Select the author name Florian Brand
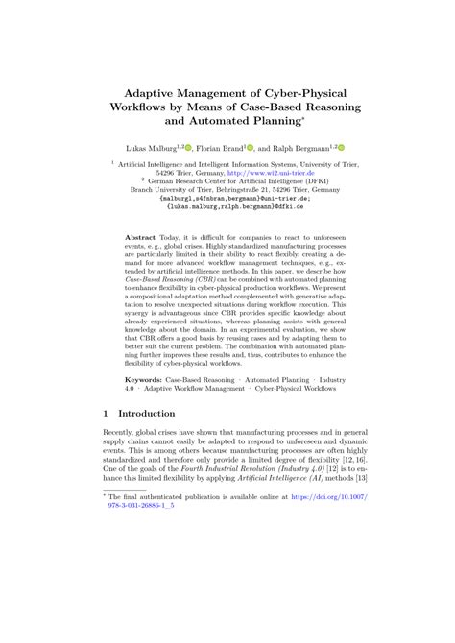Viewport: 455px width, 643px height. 222,149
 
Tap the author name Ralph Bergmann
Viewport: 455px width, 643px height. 299,149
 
